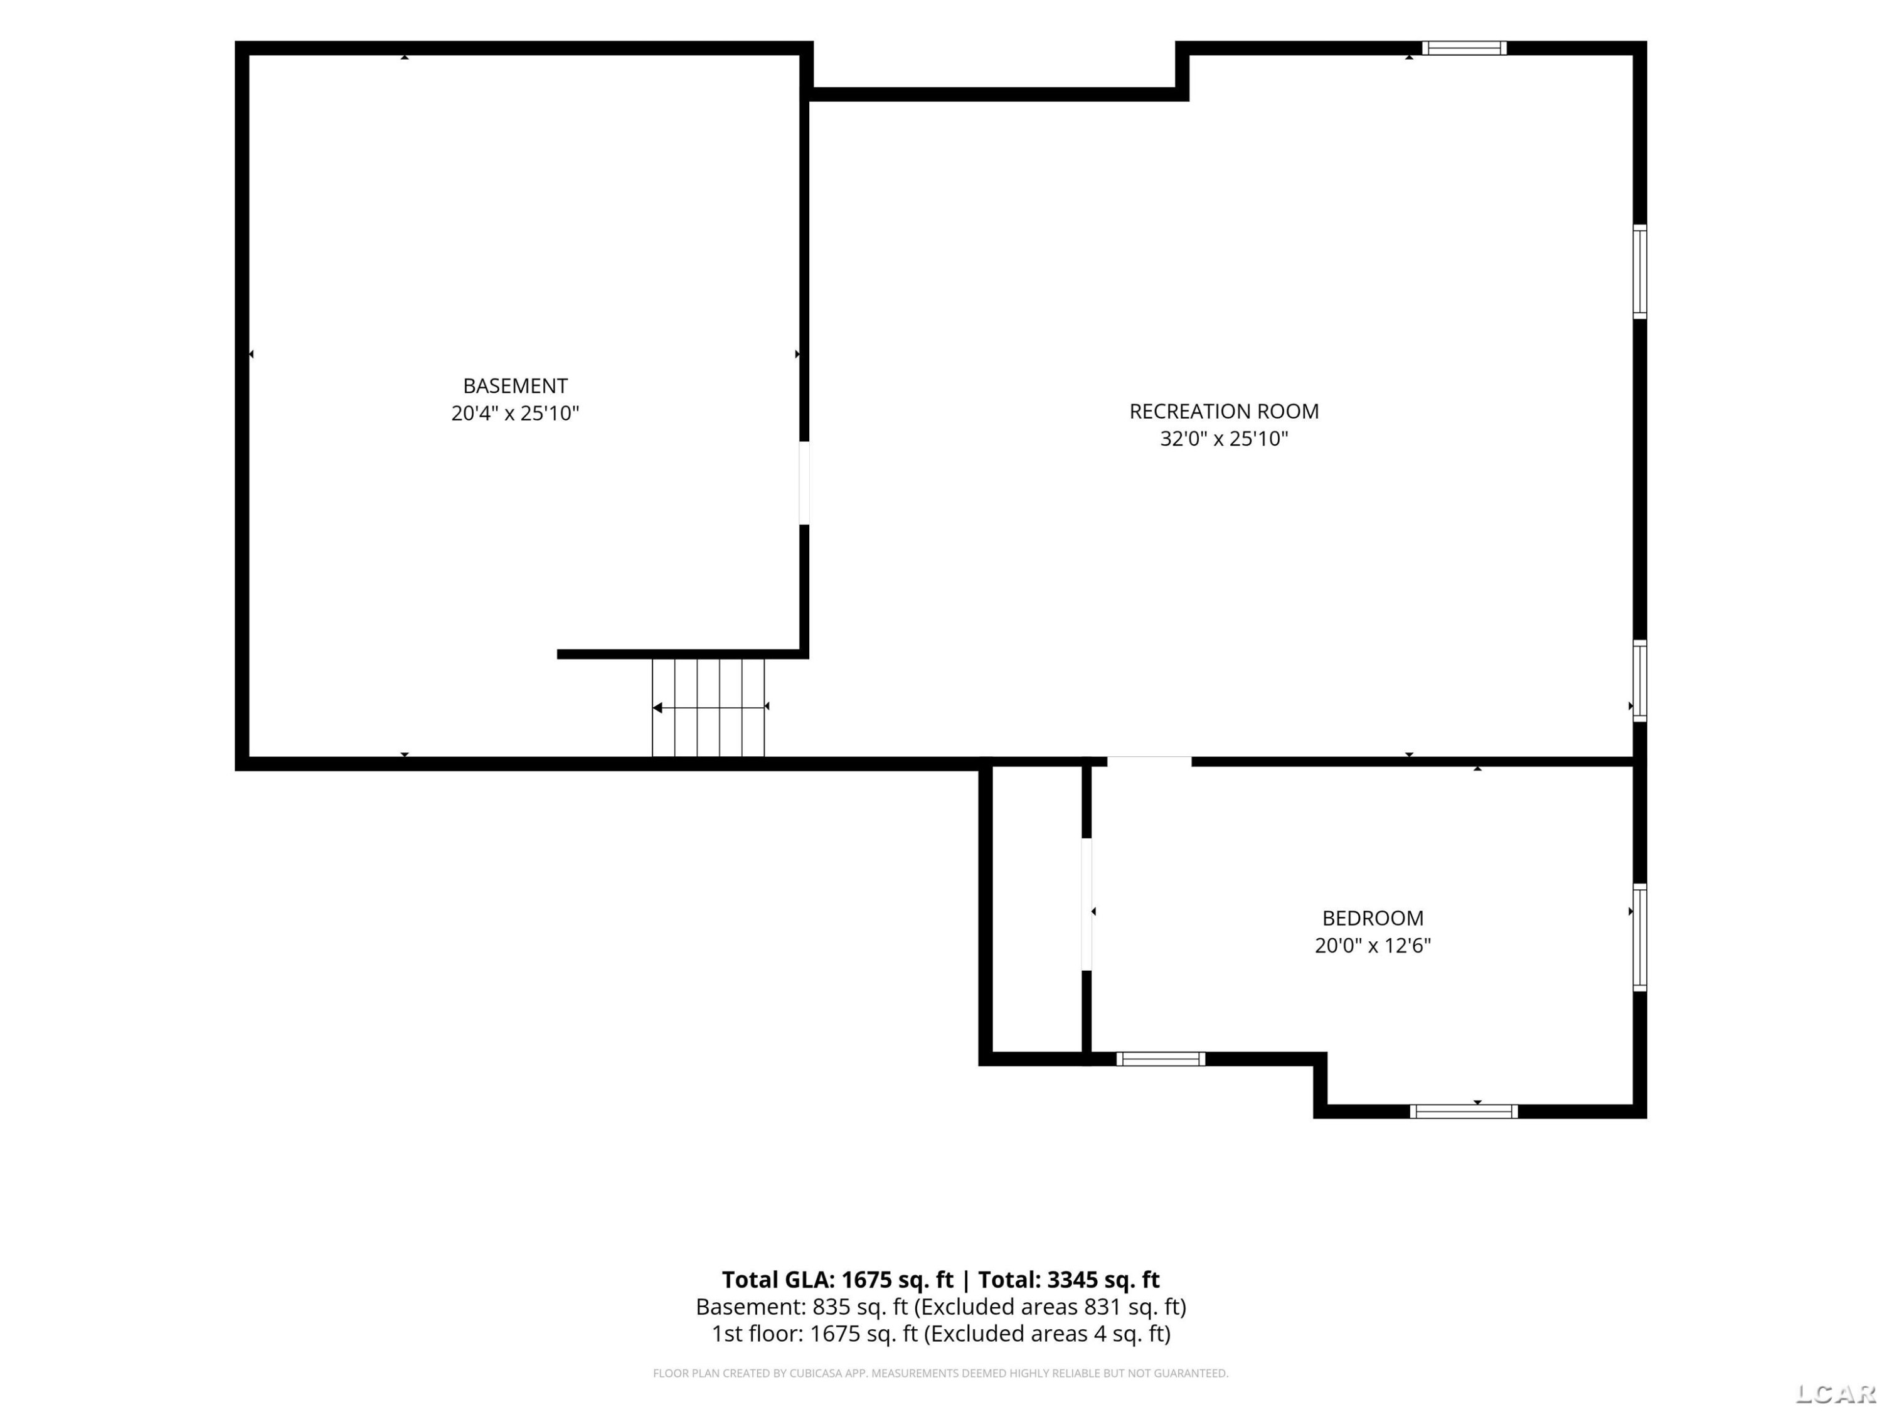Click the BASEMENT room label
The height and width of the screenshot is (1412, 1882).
[515, 385]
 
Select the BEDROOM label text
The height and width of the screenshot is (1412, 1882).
[1373, 918]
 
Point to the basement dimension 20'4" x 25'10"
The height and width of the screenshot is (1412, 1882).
[515, 414]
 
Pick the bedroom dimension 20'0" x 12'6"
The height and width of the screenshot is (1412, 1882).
[1373, 946]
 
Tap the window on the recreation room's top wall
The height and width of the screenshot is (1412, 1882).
[1464, 48]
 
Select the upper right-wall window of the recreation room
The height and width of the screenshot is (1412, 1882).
[1639, 272]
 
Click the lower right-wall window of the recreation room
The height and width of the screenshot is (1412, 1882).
[1639, 681]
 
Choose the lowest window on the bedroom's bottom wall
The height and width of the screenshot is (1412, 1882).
[1464, 1111]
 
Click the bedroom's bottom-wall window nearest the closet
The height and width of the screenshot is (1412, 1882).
[1161, 1059]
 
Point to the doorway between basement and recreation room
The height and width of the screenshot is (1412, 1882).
[804, 483]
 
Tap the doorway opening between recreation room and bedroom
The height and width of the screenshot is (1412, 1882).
[1149, 761]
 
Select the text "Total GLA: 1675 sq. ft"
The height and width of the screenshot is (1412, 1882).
[838, 1279]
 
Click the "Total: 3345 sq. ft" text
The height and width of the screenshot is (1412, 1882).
[1068, 1279]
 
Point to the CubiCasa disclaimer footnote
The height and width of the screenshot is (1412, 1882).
[940, 1373]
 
